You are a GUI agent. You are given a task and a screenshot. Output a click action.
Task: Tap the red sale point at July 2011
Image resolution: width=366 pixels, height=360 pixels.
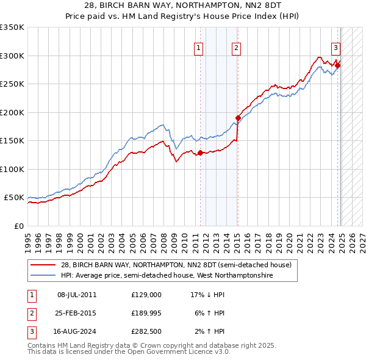click(200, 153)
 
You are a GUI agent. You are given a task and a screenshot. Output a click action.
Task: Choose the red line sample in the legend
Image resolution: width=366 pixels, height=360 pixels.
click(43, 265)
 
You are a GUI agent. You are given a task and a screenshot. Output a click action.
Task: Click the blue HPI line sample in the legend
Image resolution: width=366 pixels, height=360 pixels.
click(43, 276)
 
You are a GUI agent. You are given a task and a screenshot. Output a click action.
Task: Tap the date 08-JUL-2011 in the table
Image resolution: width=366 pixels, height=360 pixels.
click(77, 295)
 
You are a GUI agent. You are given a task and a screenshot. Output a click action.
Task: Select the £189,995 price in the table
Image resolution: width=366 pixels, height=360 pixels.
click(146, 313)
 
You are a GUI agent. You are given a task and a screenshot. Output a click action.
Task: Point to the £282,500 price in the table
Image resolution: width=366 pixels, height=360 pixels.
click(146, 331)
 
